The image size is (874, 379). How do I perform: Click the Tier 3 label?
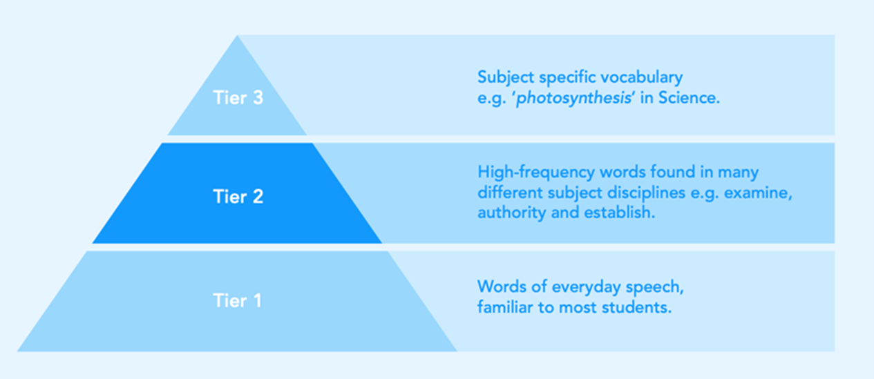click(x=238, y=97)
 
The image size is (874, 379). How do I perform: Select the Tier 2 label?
click(x=238, y=197)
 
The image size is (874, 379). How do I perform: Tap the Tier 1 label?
click(x=237, y=300)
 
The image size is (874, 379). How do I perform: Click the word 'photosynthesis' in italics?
click(x=573, y=98)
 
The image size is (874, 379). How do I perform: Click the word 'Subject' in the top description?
click(x=506, y=77)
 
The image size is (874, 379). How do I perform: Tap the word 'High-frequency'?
click(x=536, y=173)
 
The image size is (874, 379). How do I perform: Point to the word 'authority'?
click(x=511, y=213)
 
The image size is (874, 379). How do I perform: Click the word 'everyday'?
click(x=586, y=288)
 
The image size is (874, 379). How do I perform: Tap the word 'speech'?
click(x=654, y=288)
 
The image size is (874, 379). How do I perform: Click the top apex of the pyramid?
click(x=237, y=35)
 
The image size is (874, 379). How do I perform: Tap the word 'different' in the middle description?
click(x=511, y=193)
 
